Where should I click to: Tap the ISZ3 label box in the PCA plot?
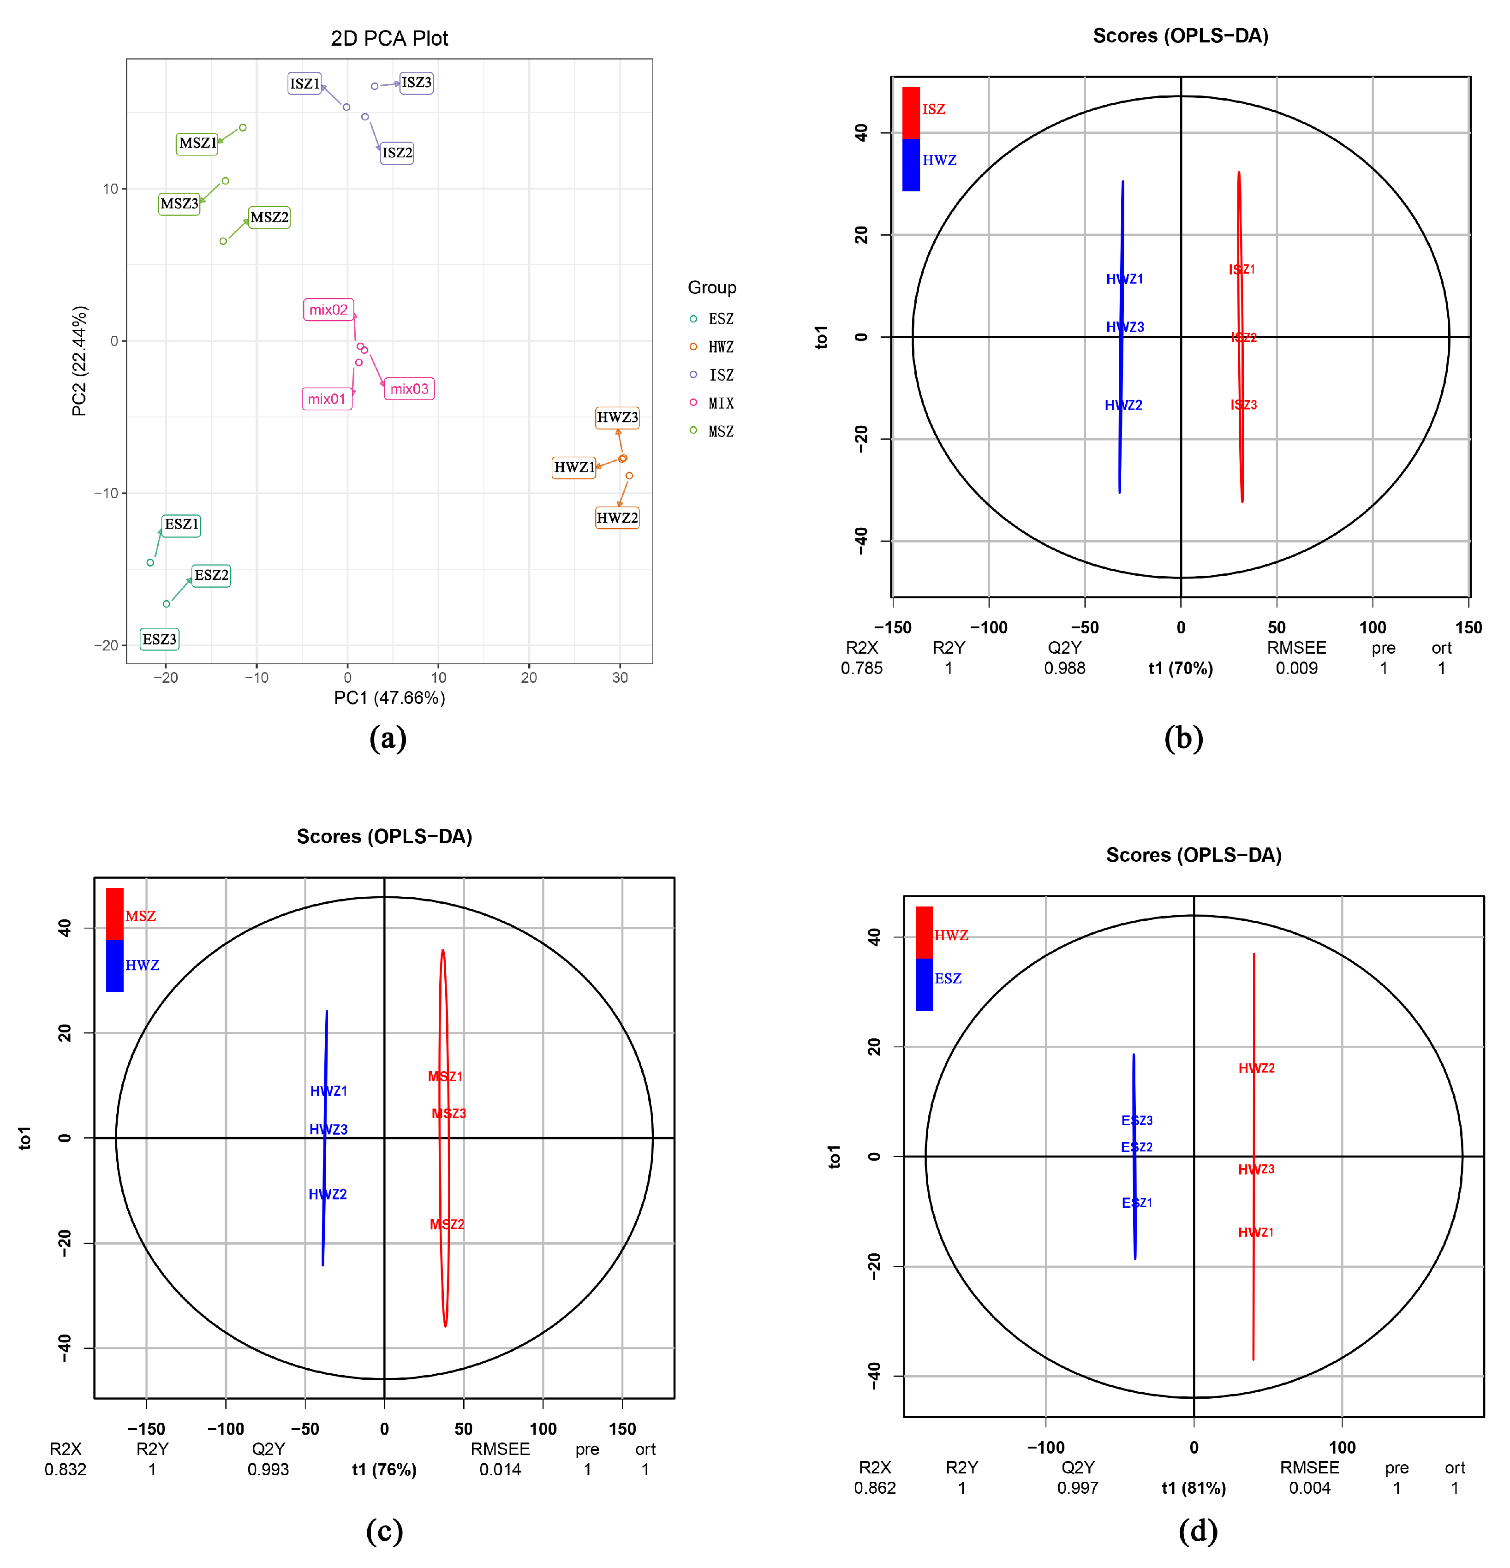pyautogui.click(x=416, y=83)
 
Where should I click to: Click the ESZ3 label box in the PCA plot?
pyautogui.click(x=159, y=640)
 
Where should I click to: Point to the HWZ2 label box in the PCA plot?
pyautogui.click(x=617, y=519)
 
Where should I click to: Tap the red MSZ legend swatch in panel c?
pyautogui.click(x=114, y=913)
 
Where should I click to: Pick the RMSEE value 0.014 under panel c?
pyautogui.click(x=500, y=1470)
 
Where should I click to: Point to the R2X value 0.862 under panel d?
pyautogui.click(x=875, y=1489)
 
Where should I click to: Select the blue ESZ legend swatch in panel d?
pyautogui.click(x=924, y=984)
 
